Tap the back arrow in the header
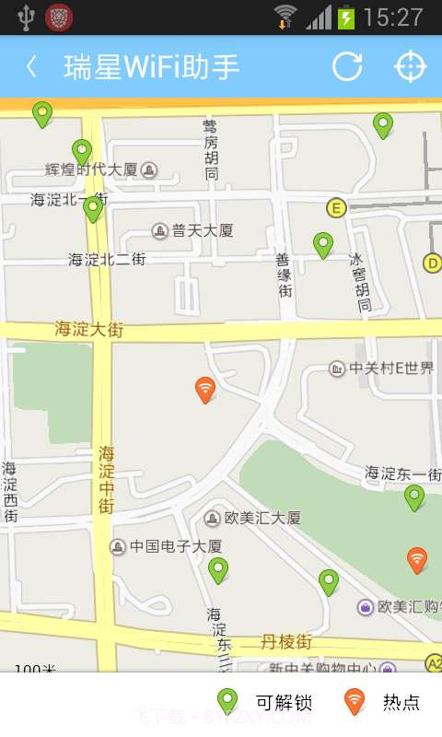(32, 66)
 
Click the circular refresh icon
(347, 66)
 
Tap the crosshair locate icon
(411, 66)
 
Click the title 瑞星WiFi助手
(151, 66)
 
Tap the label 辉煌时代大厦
(91, 170)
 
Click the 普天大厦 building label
(202, 230)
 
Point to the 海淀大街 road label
(88, 329)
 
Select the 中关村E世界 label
(390, 368)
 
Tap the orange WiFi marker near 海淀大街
(205, 390)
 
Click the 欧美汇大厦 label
(262, 518)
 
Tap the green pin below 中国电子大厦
(217, 569)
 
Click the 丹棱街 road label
(285, 640)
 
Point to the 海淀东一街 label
(401, 473)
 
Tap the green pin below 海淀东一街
(414, 497)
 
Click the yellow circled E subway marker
(336, 208)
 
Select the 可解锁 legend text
(284, 703)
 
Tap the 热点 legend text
(401, 703)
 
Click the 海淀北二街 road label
(107, 260)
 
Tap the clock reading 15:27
(393, 18)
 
